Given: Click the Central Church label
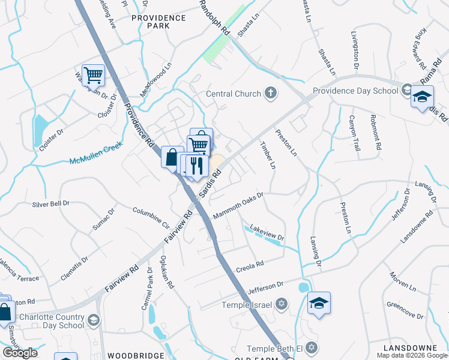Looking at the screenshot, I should coord(233,94).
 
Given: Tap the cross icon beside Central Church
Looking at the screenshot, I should coord(271,93).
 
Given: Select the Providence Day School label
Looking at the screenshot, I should coord(355,91).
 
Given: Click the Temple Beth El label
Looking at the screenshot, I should coord(276,349).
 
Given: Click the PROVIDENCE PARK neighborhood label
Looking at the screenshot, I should coord(158,22).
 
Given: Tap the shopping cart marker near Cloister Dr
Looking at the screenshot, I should coord(93,76).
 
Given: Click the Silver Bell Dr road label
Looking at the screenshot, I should coord(50,204).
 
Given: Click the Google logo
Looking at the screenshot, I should coord(20,353).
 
